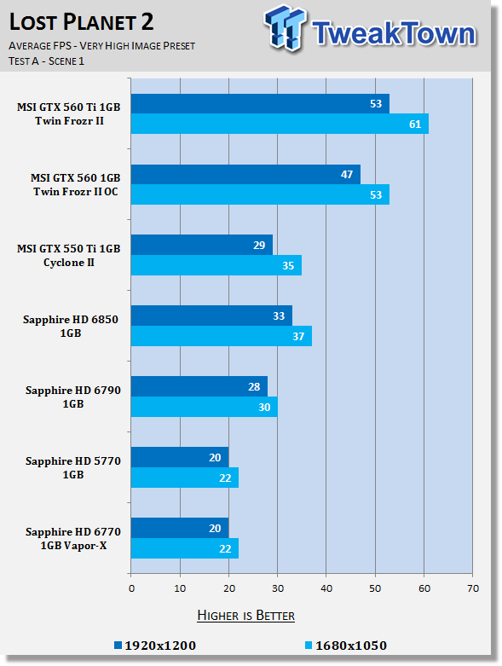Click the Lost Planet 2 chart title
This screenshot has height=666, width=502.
coord(81,22)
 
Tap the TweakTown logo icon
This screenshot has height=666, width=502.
coord(285,28)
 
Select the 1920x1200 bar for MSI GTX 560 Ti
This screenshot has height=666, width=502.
coord(260,104)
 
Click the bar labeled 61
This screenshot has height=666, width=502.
coord(280,124)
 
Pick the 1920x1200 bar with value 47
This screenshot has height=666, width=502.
coord(245,175)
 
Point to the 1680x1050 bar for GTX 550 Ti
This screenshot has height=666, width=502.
coord(216,265)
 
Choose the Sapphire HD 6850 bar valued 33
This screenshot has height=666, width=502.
coord(211,316)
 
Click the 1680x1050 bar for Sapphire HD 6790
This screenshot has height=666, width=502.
coord(204,407)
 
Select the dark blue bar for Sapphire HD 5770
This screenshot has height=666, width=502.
coord(180,457)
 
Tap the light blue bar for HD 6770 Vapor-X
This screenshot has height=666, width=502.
coord(185,548)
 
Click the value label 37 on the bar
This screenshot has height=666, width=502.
coord(298,336)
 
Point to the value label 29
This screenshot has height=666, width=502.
coord(259,245)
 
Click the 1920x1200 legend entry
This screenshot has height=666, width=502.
coord(155,646)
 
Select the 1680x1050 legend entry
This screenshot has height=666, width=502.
coord(346,646)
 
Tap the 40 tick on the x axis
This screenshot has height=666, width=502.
coord(326,588)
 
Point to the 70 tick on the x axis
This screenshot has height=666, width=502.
coord(473,588)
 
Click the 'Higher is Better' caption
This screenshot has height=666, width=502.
coord(245,616)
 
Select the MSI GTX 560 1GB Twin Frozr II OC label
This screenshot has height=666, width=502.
coord(76,185)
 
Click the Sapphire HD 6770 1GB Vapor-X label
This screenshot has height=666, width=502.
coord(73,539)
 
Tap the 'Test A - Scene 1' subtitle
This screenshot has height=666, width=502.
coord(46,61)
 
